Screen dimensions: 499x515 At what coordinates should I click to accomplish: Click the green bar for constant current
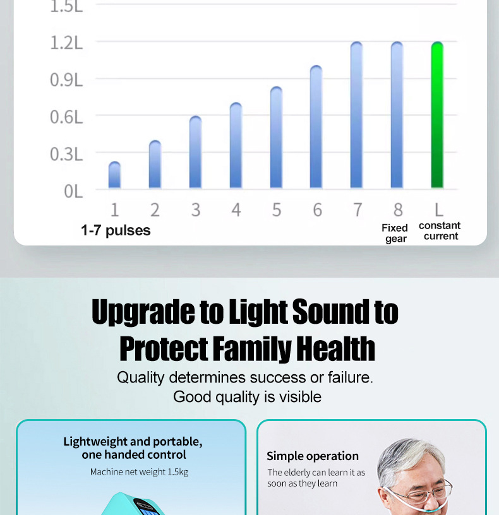(x=437, y=115)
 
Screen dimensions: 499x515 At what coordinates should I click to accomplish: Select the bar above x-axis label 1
(x=114, y=175)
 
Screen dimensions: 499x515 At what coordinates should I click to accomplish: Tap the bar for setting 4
(x=236, y=145)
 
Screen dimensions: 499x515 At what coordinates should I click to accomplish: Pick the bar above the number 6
(x=316, y=127)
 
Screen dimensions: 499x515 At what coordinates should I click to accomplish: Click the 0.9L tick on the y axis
(x=66, y=80)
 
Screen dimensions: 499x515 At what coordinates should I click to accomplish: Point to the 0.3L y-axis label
(x=66, y=154)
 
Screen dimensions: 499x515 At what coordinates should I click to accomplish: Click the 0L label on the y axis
(x=73, y=191)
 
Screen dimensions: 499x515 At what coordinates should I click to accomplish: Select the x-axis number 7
(x=358, y=210)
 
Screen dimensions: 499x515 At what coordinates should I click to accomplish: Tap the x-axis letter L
(x=439, y=210)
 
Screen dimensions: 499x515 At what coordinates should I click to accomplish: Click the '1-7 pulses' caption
(x=116, y=230)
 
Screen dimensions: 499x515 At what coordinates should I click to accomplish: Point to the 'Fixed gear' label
(x=395, y=233)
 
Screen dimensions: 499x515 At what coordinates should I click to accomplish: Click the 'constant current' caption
(x=440, y=231)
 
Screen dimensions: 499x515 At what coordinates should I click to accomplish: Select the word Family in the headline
(x=252, y=349)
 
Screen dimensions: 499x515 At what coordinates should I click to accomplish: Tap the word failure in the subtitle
(x=351, y=377)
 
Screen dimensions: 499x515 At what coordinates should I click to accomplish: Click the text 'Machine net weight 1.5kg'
(x=139, y=472)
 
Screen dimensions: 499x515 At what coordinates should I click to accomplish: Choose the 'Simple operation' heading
(x=313, y=456)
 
